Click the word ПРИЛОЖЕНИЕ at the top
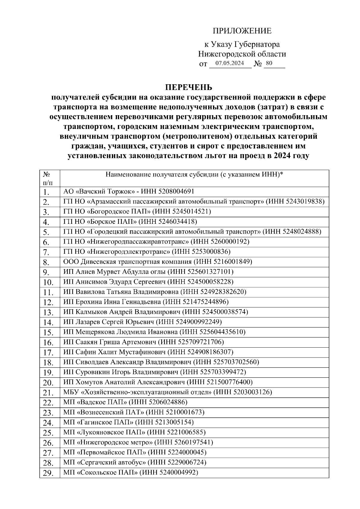pos(242,31)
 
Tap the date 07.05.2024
pos(229,63)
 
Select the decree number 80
pos(269,63)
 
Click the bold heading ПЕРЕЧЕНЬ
pos(189,87)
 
